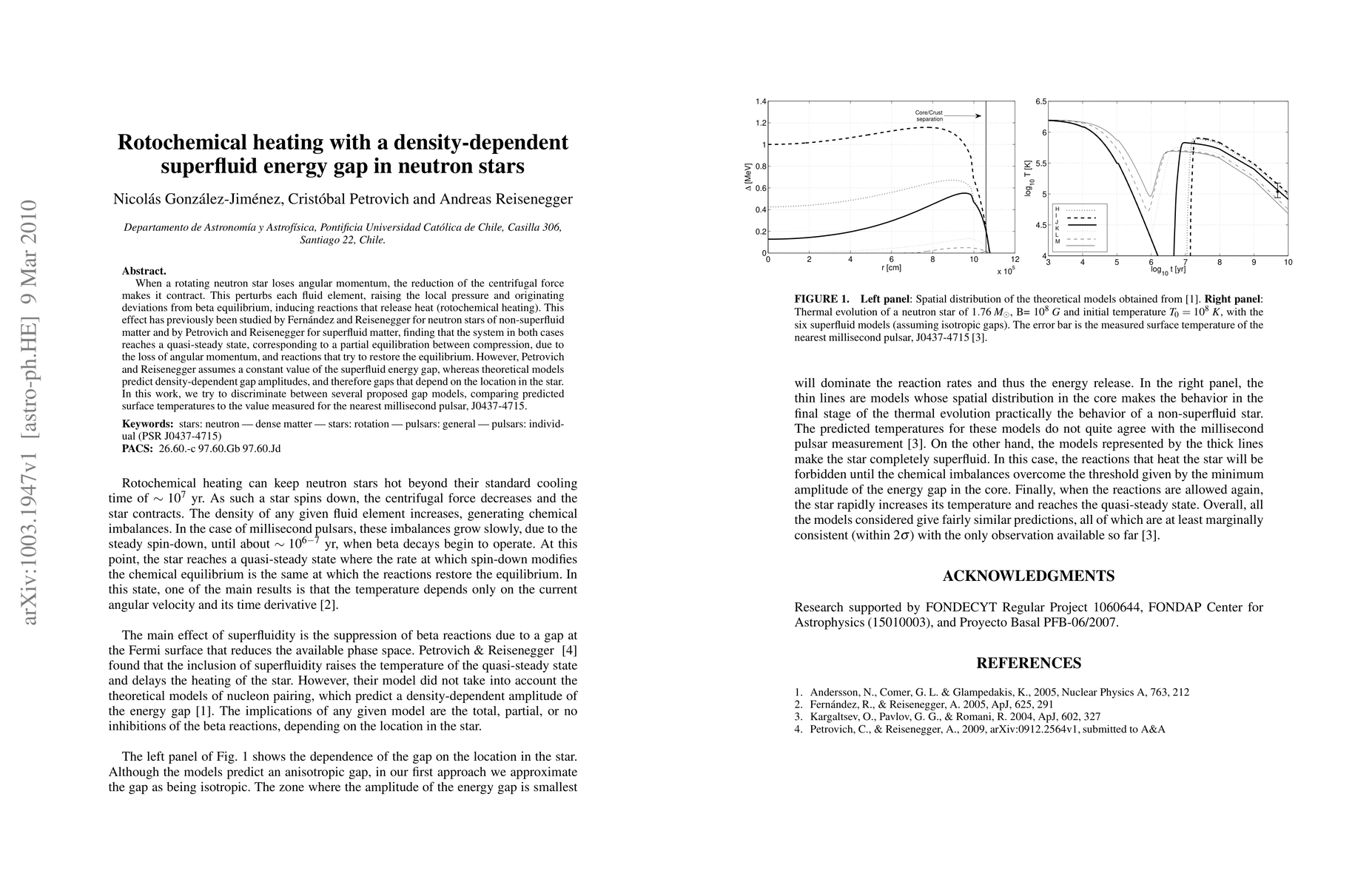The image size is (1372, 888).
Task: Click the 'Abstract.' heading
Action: pos(144,271)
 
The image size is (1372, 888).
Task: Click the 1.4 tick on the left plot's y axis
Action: pos(761,101)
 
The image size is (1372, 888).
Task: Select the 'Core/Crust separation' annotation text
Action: pos(929,115)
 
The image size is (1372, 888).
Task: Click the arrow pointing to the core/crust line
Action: pos(962,115)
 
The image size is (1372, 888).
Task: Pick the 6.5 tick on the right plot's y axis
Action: pos(1040,101)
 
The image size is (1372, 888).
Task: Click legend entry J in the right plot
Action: pos(1057,221)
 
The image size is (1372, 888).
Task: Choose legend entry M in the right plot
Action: pos(1057,241)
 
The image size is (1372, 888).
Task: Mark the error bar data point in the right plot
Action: pos(1277,189)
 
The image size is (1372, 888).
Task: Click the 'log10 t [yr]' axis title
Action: pos(1167,269)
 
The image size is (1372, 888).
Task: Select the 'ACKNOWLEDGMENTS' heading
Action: pos(1029,576)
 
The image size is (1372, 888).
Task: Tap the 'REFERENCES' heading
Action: pos(1029,663)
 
